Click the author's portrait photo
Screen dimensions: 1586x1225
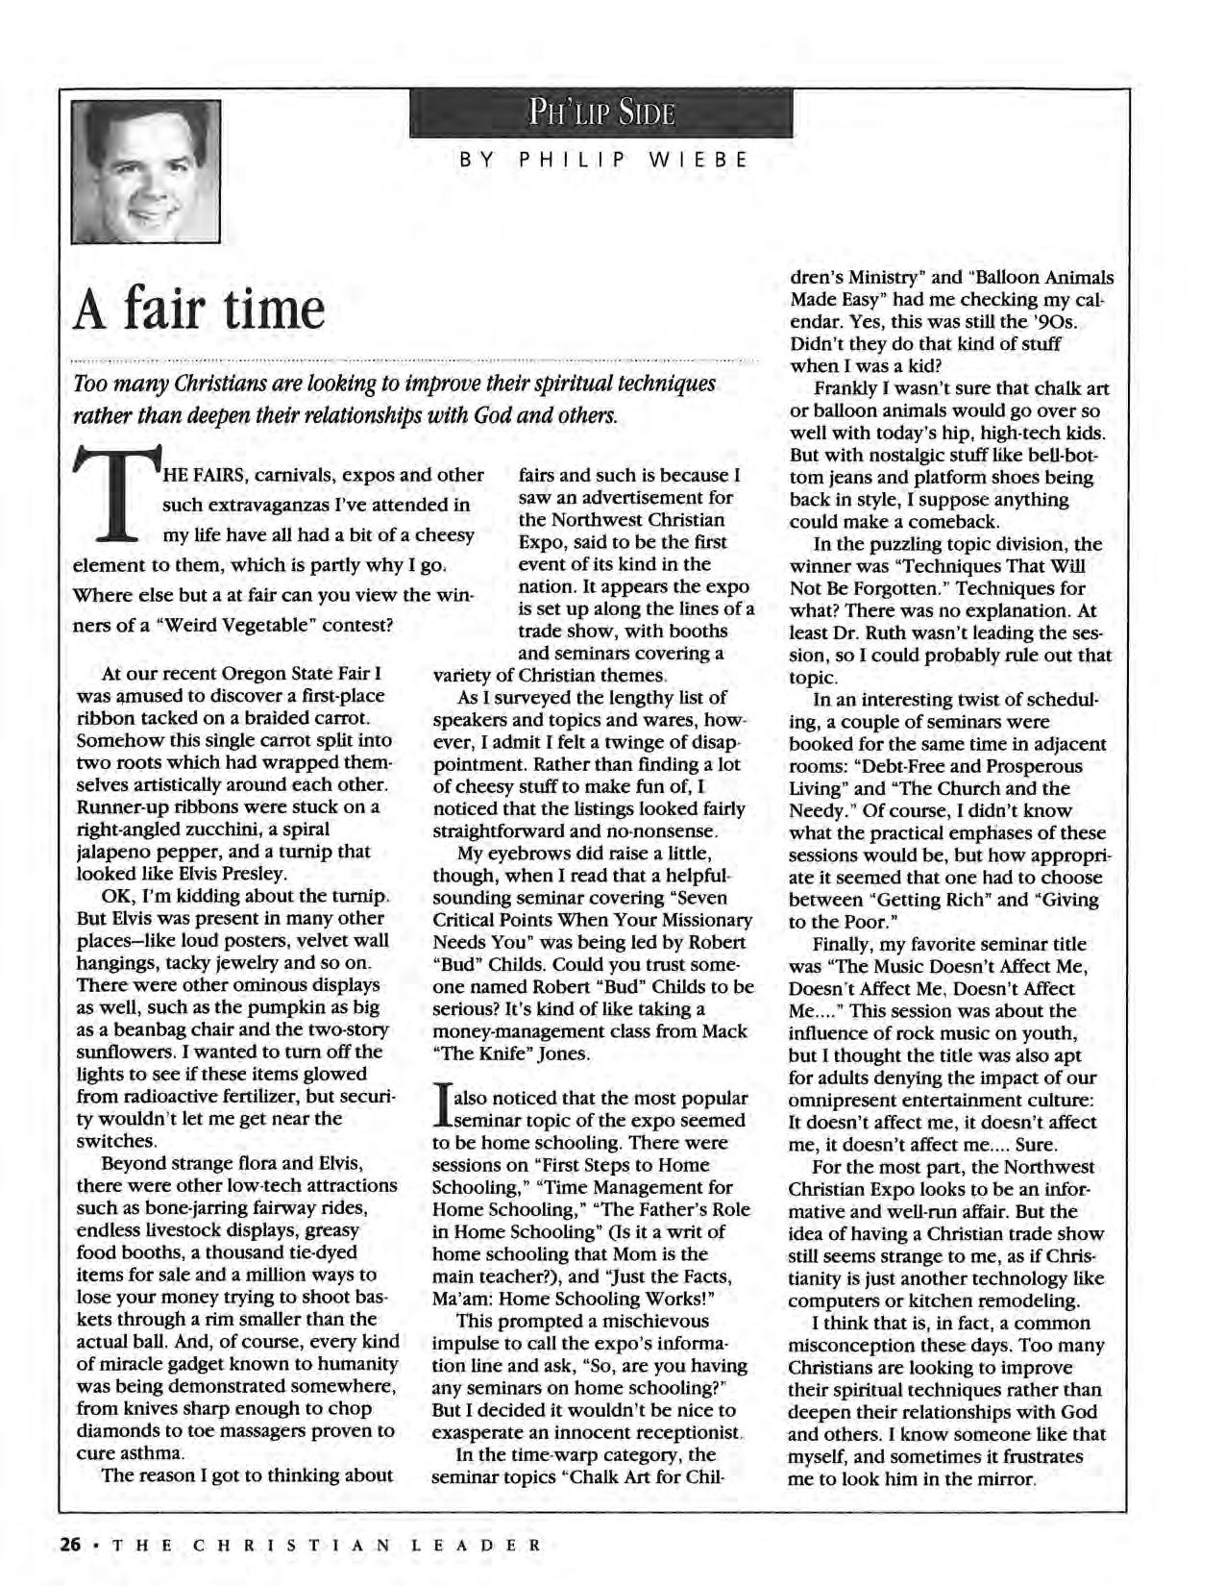146,170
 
